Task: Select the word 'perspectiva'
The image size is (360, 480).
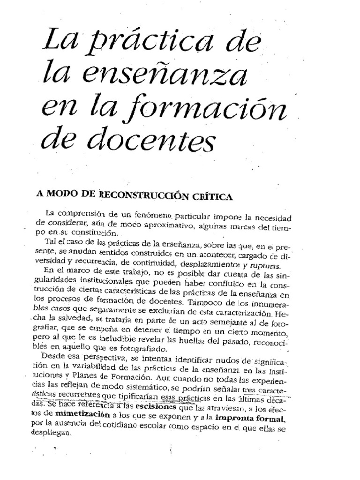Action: tap(107, 360)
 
